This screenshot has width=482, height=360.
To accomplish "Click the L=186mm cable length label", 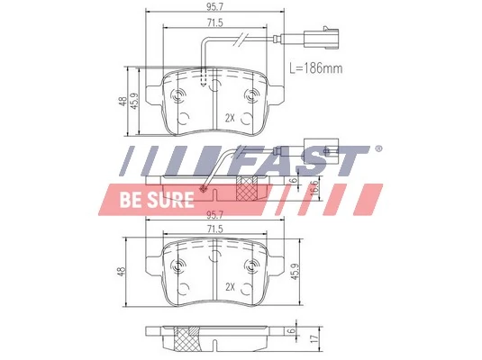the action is click(316, 67).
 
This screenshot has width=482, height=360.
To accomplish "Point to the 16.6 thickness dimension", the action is click(314, 189).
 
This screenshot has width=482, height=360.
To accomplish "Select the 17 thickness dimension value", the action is click(314, 338).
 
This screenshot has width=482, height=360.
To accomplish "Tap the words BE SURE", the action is click(157, 200).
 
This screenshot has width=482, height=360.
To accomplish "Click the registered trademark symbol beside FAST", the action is click(378, 148).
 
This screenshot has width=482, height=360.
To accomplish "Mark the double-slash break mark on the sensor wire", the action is click(242, 39).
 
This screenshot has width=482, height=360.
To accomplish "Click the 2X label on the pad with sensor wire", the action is click(230, 118).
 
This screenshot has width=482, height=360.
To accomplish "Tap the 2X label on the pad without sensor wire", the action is click(230, 287).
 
